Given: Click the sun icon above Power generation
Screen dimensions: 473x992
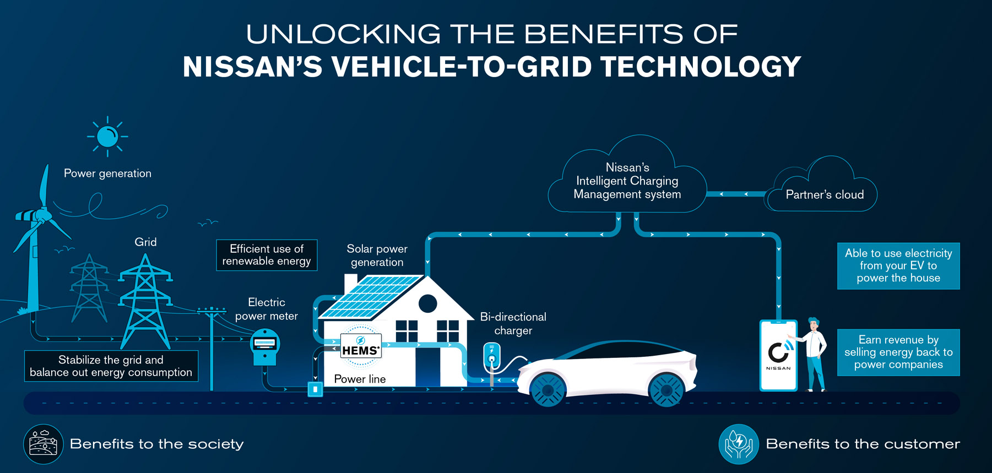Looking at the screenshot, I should tap(107, 137).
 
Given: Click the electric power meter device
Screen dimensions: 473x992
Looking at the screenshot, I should tap(265, 346).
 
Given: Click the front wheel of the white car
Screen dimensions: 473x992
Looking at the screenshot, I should tap(548, 389).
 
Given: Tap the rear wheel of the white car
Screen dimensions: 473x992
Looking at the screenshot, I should tap(666, 389).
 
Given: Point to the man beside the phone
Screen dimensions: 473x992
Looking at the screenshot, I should tap(814, 352).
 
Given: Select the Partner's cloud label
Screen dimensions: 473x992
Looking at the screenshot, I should tap(825, 194).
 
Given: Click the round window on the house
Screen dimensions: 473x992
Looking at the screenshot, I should tap(427, 303).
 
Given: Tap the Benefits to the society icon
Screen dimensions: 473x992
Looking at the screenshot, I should tap(43, 444).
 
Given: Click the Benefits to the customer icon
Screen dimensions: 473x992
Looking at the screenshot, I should tap(739, 444).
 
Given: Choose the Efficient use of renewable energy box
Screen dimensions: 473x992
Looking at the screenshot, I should tap(267, 255).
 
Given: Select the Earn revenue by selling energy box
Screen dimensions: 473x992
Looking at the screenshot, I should tap(898, 352).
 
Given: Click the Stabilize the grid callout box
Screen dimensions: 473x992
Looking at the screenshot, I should tap(111, 366).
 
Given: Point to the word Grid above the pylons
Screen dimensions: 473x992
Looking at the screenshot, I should tap(145, 242).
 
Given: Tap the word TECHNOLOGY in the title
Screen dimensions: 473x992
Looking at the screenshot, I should tap(701, 67).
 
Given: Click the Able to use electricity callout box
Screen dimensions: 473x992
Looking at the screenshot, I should tap(898, 265).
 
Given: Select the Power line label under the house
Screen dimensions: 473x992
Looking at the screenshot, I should tap(360, 379).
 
